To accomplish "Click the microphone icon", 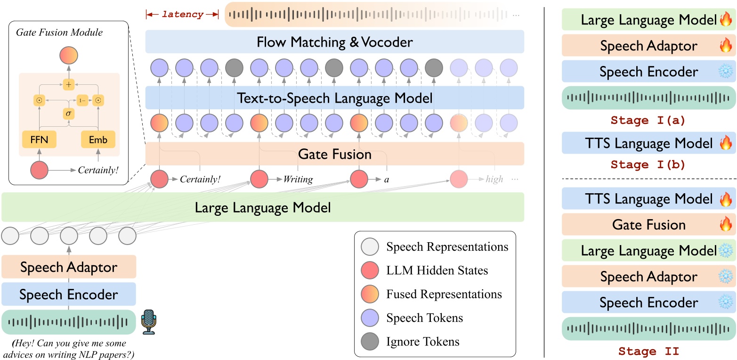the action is pos(149,322).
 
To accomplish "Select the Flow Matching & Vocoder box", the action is pos(335,42).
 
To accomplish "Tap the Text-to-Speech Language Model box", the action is pos(335,98).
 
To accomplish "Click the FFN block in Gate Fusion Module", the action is pos(39,139).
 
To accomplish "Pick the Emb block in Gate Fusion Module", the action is pos(98,139).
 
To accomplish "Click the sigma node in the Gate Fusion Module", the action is pos(68,114).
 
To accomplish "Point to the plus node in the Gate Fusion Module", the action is pos(68,84).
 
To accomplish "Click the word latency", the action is pos(183,14).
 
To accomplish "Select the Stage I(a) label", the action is pos(648,120).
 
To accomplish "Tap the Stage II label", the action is pos(648,351).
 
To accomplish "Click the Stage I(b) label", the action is pos(648,164).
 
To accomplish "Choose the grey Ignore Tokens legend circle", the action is pos(370,341).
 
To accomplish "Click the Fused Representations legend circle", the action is pos(370,294).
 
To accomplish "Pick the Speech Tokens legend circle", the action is pos(370,318).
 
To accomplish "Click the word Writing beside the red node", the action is pos(298,179).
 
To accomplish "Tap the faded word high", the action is pos(494,179).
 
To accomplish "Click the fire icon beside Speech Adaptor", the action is pos(726,45).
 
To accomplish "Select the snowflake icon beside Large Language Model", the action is pos(726,250).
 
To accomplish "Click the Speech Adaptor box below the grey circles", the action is pos(69,267).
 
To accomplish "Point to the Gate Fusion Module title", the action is pos(59,32).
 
